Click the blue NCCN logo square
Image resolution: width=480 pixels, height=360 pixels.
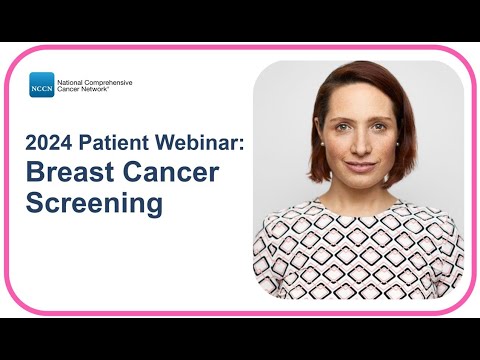[42, 86]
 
